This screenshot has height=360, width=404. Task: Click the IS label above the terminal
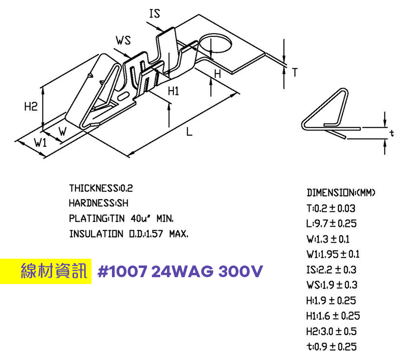[154, 13]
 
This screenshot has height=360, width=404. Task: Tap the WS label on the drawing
[124, 40]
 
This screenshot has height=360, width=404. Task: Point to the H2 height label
[31, 106]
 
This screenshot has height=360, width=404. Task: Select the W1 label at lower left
[40, 143]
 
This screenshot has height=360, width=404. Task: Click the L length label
[189, 132]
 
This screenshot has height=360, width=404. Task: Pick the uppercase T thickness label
[294, 73]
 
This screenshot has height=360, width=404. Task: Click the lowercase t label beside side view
[391, 133]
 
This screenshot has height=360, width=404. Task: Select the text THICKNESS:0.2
[101, 188]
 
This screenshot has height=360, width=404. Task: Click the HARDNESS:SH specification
[98, 203]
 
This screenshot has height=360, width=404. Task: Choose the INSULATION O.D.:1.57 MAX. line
[129, 234]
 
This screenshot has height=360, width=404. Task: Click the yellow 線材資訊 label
[54, 271]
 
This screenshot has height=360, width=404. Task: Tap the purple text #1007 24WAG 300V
[180, 271]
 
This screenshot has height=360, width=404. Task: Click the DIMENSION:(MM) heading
[341, 193]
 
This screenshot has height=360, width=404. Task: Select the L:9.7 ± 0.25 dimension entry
[331, 224]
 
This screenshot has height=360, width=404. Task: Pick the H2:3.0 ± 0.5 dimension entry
[331, 331]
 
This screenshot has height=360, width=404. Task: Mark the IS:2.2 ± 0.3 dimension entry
[331, 269]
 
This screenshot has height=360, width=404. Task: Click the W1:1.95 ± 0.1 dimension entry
[333, 254]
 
